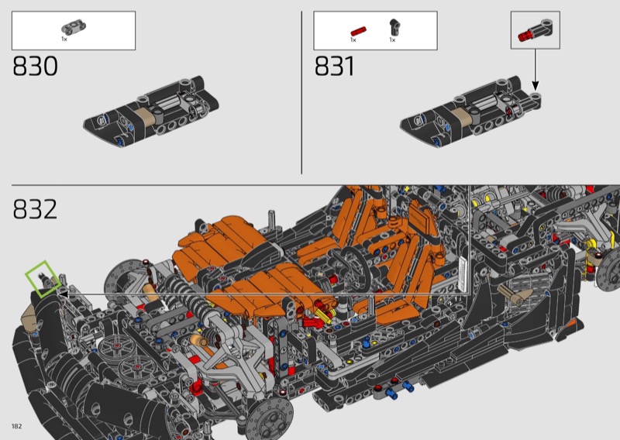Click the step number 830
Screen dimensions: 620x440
tap(35, 66)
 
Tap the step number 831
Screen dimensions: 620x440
tap(335, 66)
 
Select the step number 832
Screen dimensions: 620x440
tap(35, 209)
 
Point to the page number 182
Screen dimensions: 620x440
tap(16, 426)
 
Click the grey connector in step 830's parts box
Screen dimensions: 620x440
tap(74, 27)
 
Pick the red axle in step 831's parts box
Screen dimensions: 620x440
tap(358, 31)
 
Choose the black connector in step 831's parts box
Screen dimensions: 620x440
tap(394, 27)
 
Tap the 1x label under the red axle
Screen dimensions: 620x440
tap(353, 40)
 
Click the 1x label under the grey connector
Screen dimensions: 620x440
tap(64, 39)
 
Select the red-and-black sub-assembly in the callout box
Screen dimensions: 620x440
tap(535, 30)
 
